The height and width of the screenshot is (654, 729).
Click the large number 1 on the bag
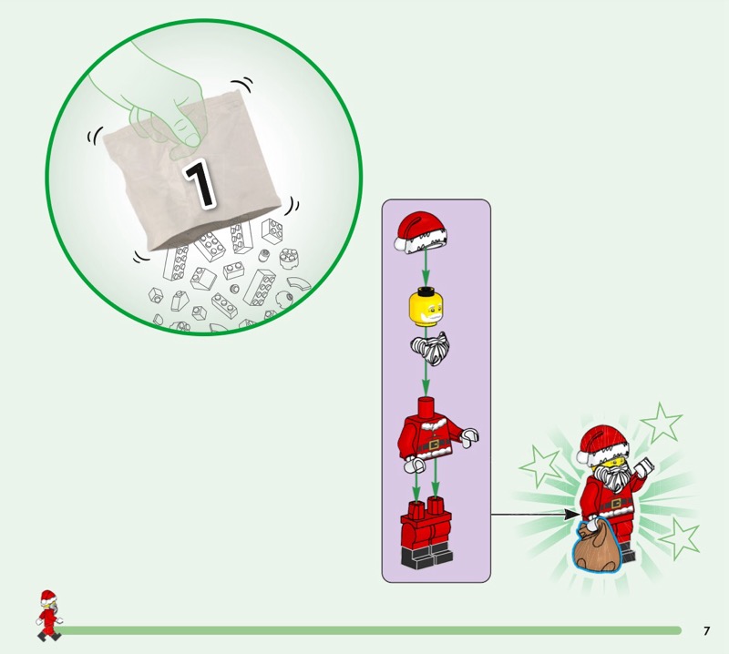(x=200, y=183)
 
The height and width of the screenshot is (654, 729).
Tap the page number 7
(x=707, y=630)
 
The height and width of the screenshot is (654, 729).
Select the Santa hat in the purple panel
(x=421, y=232)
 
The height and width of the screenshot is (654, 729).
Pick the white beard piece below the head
(x=430, y=348)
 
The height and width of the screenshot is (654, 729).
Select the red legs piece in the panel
(x=426, y=533)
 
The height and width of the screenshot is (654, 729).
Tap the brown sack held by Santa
(x=596, y=547)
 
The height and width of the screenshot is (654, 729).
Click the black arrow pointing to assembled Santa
(x=536, y=515)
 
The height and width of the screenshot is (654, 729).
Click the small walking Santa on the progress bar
(x=48, y=616)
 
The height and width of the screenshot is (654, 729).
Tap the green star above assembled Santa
(x=662, y=423)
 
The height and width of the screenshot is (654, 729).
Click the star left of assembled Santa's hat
(x=539, y=465)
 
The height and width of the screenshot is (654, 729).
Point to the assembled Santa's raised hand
(x=645, y=466)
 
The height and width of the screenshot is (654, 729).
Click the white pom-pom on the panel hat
(x=401, y=243)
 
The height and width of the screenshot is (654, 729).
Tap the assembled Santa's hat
(x=602, y=446)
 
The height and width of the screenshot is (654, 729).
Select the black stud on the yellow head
(x=424, y=291)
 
